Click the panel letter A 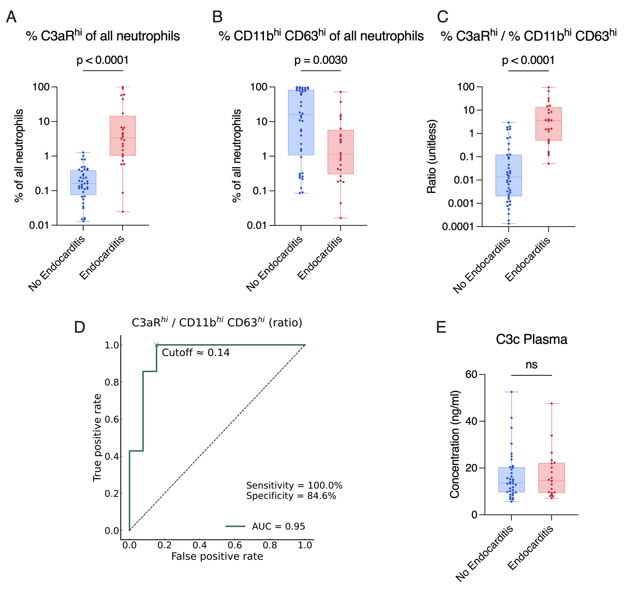[x=11, y=17]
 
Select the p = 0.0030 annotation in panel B [x=321, y=60]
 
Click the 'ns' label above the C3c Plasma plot [x=531, y=365]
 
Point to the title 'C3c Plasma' [x=531, y=339]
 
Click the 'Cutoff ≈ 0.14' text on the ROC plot [x=196, y=353]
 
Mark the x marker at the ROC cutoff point [x=156, y=345]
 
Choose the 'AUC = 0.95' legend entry [x=278, y=526]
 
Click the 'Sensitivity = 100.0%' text [x=294, y=486]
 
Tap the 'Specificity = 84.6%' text [x=291, y=496]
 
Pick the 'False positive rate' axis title [x=217, y=557]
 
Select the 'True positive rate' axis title [x=97, y=438]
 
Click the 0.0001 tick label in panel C [x=458, y=227]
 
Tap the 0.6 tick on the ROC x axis [x=234, y=545]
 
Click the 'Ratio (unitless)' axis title [x=432, y=157]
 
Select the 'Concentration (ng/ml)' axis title [x=454, y=444]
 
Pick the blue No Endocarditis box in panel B [x=301, y=122]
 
